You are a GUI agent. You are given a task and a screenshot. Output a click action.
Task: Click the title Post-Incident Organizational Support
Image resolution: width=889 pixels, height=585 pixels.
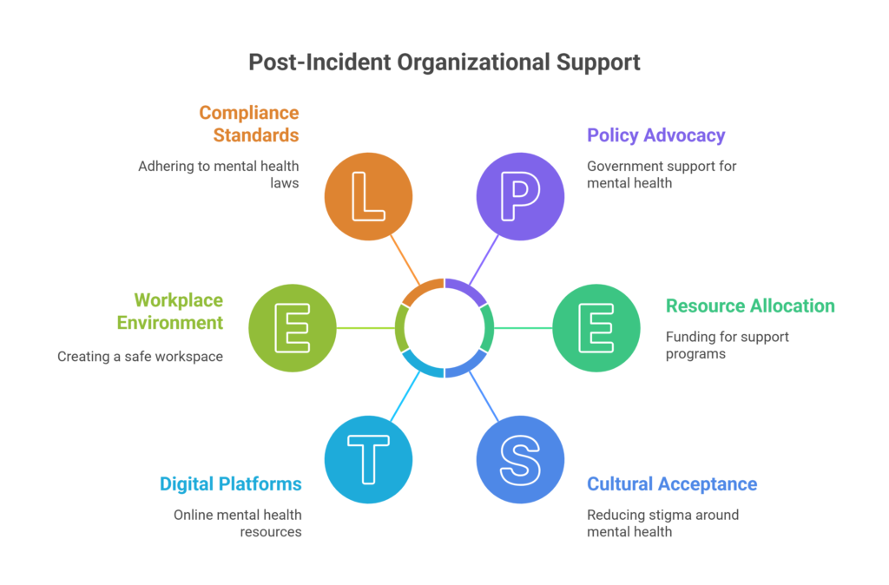[444, 62]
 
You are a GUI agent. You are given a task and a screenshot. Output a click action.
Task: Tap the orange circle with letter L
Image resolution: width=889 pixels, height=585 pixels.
[368, 196]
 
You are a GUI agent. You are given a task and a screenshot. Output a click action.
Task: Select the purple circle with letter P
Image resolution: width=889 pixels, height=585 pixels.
[520, 196]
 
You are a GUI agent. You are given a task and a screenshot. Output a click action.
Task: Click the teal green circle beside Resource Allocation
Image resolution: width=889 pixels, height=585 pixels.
[596, 327]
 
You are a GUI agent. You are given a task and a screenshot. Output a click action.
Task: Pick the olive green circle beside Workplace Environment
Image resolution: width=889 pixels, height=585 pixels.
[293, 327]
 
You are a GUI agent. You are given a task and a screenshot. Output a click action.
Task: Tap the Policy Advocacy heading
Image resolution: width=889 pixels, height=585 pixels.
[656, 135]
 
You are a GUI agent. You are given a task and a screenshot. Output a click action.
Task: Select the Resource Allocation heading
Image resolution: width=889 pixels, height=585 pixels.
[750, 306]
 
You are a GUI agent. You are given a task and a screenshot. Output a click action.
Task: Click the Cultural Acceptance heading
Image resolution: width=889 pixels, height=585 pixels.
[672, 483]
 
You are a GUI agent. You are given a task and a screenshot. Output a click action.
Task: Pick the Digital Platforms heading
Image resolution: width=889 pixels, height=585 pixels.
[230, 483]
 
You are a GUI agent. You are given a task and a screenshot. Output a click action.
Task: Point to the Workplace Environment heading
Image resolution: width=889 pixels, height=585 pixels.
[170, 312]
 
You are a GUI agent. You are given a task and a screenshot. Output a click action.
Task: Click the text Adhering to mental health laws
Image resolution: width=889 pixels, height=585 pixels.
[219, 174]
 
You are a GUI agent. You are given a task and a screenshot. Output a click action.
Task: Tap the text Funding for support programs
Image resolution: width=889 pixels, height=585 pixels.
[728, 345]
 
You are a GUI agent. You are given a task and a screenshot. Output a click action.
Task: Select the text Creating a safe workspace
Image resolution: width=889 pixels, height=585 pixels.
[141, 356]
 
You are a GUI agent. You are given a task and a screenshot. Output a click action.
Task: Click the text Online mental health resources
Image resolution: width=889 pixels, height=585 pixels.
[238, 523]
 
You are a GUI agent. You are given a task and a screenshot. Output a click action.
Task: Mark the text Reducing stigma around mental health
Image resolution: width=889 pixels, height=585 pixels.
[662, 523]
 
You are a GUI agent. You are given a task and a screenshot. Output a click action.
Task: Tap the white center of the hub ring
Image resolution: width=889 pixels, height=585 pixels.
[444, 327]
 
